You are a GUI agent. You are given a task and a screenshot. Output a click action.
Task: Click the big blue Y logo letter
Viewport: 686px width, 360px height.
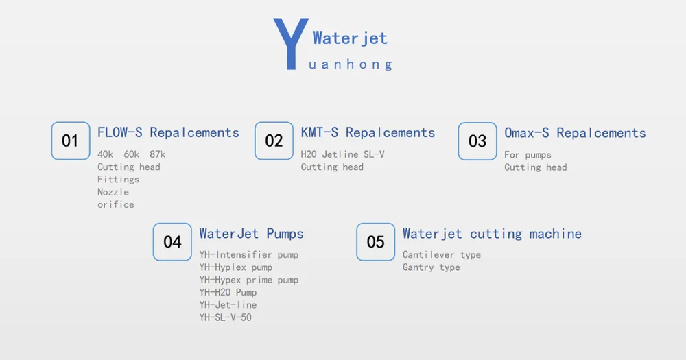click(x=291, y=44)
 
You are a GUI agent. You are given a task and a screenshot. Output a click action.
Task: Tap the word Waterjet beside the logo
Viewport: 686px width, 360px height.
click(x=350, y=38)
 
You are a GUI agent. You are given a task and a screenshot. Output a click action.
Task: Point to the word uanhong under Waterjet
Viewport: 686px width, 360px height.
click(x=351, y=64)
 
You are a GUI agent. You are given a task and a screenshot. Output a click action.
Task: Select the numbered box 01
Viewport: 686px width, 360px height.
click(x=71, y=141)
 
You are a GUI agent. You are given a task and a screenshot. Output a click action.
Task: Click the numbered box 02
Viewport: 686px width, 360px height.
click(x=274, y=141)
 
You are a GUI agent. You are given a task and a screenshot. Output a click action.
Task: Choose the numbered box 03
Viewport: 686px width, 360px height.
click(x=477, y=141)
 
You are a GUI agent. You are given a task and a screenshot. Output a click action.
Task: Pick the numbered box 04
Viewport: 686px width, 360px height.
click(x=172, y=242)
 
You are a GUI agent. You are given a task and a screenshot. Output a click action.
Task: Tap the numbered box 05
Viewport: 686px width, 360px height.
click(x=376, y=242)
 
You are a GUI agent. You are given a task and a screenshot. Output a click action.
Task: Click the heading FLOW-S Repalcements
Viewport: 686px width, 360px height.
click(x=169, y=132)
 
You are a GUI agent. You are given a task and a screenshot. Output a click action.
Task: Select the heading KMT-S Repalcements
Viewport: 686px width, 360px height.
click(x=368, y=132)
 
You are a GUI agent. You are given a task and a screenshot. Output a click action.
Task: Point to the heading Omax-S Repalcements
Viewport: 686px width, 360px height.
click(x=576, y=133)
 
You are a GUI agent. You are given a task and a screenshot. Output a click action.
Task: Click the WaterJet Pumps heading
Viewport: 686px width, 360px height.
click(x=252, y=234)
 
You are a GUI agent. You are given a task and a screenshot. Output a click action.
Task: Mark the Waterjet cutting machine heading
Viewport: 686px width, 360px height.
click(x=492, y=234)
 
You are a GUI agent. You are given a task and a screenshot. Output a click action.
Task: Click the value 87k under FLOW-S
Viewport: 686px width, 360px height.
click(x=158, y=154)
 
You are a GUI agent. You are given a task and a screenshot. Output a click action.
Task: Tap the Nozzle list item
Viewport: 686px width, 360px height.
click(x=113, y=192)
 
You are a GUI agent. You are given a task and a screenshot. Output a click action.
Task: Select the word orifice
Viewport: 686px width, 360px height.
click(x=116, y=205)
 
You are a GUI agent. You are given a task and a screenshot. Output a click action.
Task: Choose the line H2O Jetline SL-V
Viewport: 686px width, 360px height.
click(x=342, y=154)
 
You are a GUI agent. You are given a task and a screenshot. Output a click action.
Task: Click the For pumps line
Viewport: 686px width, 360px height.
click(x=528, y=155)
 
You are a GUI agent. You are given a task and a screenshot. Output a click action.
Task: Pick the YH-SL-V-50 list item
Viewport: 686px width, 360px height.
click(x=225, y=317)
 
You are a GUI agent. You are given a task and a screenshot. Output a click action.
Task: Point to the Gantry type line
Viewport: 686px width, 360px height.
click(x=431, y=267)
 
